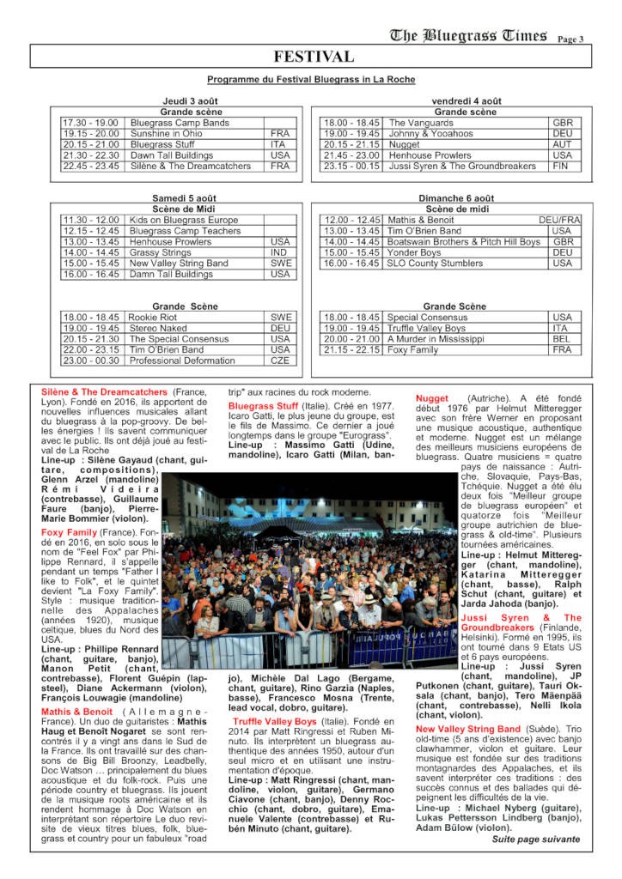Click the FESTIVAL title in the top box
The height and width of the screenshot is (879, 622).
pyautogui.click(x=313, y=58)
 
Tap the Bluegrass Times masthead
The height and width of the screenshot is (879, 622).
pyautogui.click(x=468, y=35)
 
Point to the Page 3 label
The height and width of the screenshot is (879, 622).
pyautogui.click(x=570, y=39)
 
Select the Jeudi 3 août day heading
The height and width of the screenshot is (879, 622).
pyautogui.click(x=190, y=101)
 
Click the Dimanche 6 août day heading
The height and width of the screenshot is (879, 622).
pyautogui.click(x=454, y=198)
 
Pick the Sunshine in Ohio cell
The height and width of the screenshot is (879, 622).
pyautogui.click(x=167, y=134)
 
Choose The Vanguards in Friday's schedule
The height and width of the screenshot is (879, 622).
pyautogui.click(x=420, y=123)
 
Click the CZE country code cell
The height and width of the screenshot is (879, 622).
pyautogui.click(x=281, y=361)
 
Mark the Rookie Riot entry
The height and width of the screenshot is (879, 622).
pyautogui.click(x=153, y=317)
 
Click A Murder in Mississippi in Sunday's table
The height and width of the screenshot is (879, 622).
pyautogui.click(x=436, y=339)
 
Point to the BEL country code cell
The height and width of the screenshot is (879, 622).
pyautogui.click(x=562, y=339)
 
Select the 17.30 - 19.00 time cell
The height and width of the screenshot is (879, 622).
pyautogui.click(x=90, y=123)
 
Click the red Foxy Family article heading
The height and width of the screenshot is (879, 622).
pyautogui.click(x=70, y=532)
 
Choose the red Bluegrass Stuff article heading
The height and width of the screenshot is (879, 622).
pyautogui.click(x=264, y=405)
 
